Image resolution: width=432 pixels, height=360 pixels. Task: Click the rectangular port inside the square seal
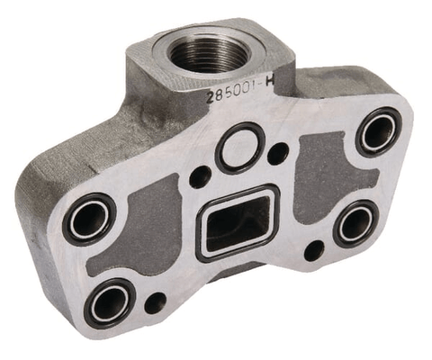coord(236,220)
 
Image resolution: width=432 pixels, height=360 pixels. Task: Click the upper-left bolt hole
coord(89,218)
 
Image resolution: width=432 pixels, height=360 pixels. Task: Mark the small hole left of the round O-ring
coord(200,176)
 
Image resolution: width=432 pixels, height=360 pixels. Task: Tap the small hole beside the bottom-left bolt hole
coord(156,301)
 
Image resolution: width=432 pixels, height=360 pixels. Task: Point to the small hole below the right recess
coord(313,250)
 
